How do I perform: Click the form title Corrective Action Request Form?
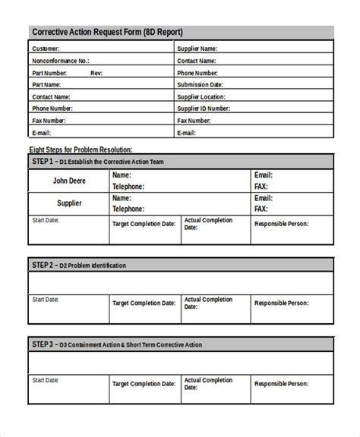click(106, 32)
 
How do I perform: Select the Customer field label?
click(47, 49)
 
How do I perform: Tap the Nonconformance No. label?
click(61, 61)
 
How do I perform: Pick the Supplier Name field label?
click(197, 49)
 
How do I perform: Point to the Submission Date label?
click(200, 84)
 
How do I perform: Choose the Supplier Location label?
click(201, 96)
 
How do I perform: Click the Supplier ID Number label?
click(204, 108)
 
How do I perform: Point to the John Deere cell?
click(68, 181)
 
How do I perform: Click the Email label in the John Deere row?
click(263, 175)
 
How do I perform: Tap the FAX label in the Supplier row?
click(261, 209)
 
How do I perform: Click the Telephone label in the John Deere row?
click(128, 186)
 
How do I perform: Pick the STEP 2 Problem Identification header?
click(79, 265)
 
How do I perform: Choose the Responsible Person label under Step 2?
click(282, 302)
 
